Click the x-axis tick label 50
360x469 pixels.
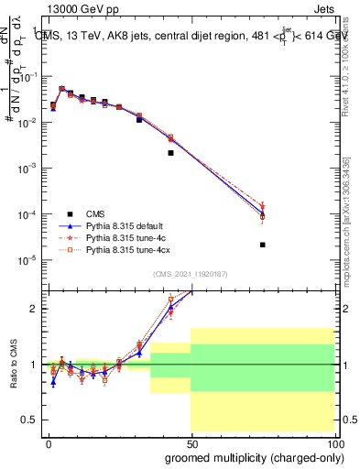tap(191, 442)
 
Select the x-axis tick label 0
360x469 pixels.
tap(49, 442)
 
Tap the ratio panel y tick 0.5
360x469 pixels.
tap(32, 420)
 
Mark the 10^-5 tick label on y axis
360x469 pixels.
tap(27, 260)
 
